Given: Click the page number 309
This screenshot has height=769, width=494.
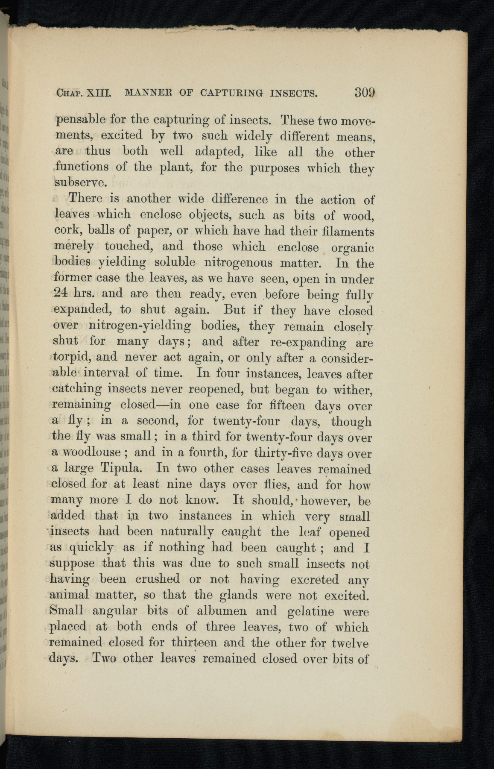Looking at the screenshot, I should click(363, 92).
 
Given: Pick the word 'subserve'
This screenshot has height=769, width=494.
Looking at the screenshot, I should click(80, 182).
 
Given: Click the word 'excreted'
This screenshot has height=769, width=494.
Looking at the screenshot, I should click(314, 579).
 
